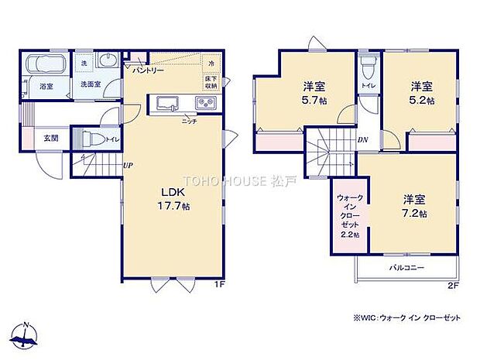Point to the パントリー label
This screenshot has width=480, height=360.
point(147,70)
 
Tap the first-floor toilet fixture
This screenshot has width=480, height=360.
point(91,139)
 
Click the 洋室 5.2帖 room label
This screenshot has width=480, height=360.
point(422,93)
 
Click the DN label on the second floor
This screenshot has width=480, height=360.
point(362,140)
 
